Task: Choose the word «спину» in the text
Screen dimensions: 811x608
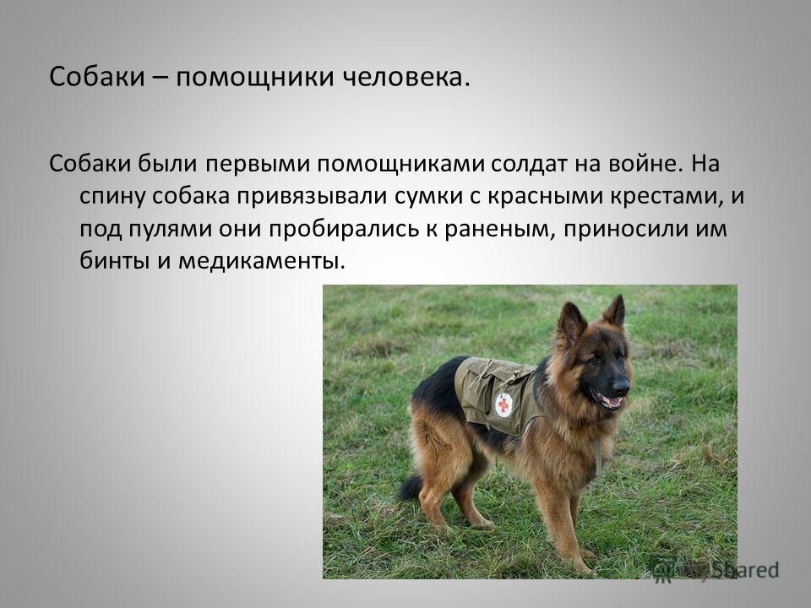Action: (x=112, y=198)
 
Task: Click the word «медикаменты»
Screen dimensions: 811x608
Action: (x=261, y=261)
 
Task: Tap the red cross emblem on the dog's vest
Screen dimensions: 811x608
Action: (x=503, y=404)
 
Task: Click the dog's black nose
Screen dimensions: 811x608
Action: (x=621, y=386)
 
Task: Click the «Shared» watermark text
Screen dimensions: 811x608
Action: (x=745, y=570)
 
